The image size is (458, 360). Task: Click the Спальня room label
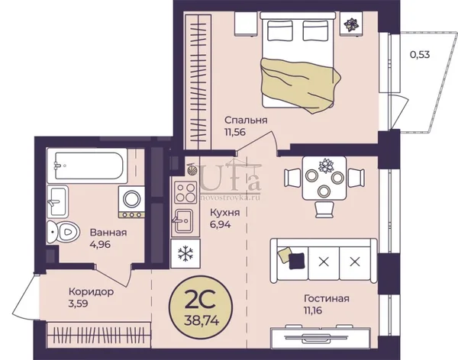pos(246,120)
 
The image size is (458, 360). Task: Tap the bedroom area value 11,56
pos(235,132)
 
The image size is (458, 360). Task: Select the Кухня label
pos(225,213)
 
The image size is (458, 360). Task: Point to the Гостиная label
pos(327,298)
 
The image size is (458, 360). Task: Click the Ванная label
pos(108,233)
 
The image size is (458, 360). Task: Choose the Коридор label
pos(91,291)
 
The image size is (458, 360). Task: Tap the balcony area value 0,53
pos(420,55)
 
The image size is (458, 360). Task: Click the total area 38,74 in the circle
pos(202,321)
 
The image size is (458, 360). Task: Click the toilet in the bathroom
pos(63,232)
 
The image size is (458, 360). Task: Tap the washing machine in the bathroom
pos(131,202)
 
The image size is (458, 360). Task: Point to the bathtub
pos(87,165)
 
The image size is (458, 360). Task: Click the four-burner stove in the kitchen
pos(185,192)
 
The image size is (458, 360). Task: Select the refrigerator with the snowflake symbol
pos(185,253)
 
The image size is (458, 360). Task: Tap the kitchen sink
pos(184,221)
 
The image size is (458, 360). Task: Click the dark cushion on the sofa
pos(296,261)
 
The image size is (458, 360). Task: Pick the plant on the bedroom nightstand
pos(351,24)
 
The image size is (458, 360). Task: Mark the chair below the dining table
pos(324,210)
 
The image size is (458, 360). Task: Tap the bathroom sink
pos(57,201)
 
